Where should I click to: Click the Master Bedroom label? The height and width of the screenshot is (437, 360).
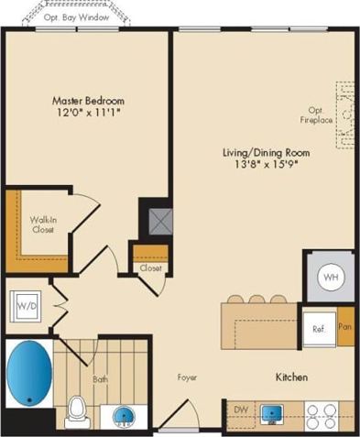click(x=89, y=101)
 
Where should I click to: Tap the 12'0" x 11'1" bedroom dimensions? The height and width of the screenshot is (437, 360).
click(x=89, y=113)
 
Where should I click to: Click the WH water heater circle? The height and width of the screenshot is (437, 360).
click(x=330, y=277)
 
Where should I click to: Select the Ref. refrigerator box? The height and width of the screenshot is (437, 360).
click(x=320, y=328)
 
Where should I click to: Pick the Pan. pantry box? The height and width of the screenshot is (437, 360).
click(x=345, y=326)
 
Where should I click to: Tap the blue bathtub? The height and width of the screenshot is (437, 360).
click(x=31, y=375)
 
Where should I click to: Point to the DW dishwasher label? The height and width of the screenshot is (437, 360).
click(x=240, y=410)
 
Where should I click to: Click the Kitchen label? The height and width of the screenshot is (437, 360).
click(x=291, y=377)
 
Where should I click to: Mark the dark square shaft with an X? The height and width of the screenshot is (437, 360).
click(x=151, y=218)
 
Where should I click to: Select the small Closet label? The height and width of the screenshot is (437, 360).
click(x=150, y=268)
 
